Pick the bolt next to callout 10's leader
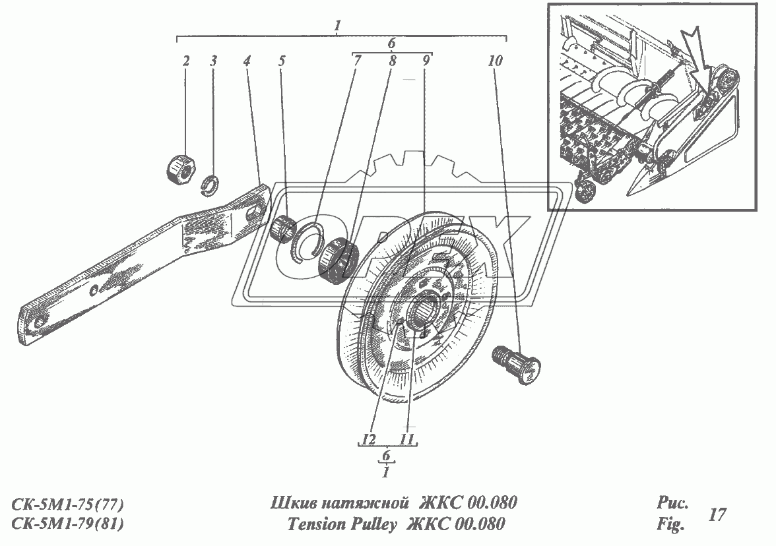(x=516, y=365)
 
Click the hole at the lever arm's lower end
(x=40, y=322)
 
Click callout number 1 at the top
(x=337, y=27)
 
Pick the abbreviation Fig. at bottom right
(x=670, y=526)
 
